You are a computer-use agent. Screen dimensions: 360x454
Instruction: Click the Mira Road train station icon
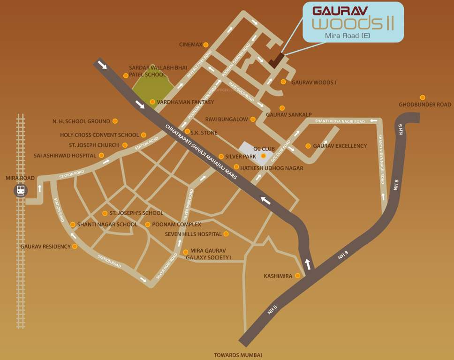click(21, 190)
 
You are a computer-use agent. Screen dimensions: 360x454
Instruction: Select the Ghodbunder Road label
click(425, 105)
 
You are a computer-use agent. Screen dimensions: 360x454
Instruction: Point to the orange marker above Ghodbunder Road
click(423, 97)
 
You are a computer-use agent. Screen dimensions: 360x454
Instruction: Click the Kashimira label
click(279, 276)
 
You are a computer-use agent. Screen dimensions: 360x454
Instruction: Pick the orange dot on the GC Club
click(263, 156)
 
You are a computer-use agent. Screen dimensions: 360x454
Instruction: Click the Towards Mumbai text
click(238, 355)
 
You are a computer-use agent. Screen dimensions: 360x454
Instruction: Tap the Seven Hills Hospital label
click(193, 234)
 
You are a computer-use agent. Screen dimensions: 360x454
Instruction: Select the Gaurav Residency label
click(45, 247)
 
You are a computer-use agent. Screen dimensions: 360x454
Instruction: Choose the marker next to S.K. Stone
click(187, 132)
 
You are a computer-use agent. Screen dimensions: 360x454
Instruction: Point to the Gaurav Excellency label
click(340, 146)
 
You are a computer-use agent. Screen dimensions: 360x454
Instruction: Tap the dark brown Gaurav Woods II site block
click(277, 60)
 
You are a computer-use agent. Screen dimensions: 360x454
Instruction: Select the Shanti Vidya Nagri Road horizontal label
click(340, 121)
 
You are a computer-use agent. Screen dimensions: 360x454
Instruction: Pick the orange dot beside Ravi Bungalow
click(253, 120)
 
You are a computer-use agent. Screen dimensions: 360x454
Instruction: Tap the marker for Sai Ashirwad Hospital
click(101, 155)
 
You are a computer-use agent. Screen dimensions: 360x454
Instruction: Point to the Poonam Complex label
click(176, 225)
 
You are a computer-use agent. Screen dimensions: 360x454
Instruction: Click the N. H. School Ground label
click(81, 121)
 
